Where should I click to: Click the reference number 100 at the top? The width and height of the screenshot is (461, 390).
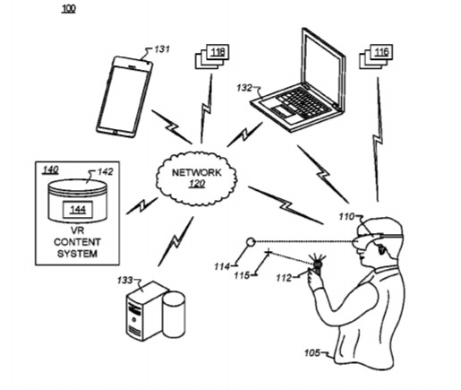coord(69,8)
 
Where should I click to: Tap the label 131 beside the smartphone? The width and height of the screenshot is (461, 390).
coord(162,49)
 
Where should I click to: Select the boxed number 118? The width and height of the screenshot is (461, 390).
coord(218,52)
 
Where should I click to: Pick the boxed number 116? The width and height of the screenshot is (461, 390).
coord(381,52)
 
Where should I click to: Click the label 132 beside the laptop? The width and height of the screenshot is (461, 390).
coord(244,88)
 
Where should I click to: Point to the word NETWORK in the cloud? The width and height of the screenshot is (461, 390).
coord(197,172)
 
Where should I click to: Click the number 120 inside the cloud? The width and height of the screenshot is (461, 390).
coord(197,184)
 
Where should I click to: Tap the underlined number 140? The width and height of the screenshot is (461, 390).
coord(50,170)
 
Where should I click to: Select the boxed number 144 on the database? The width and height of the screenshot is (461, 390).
coord(78,210)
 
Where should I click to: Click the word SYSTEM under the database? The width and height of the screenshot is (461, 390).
coord(77,254)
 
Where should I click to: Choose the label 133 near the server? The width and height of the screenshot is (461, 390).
coord(124,281)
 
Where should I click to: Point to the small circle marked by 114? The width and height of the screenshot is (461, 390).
coord(251,241)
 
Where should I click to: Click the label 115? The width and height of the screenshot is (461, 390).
coord(242,275)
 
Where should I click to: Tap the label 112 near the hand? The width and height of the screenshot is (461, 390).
coord(284,278)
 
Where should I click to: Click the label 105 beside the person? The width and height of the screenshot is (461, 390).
coord(312,353)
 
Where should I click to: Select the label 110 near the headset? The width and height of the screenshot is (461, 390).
coord(346,216)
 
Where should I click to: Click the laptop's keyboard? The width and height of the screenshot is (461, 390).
coord(302,102)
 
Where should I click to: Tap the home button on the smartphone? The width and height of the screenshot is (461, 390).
coord(115,131)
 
